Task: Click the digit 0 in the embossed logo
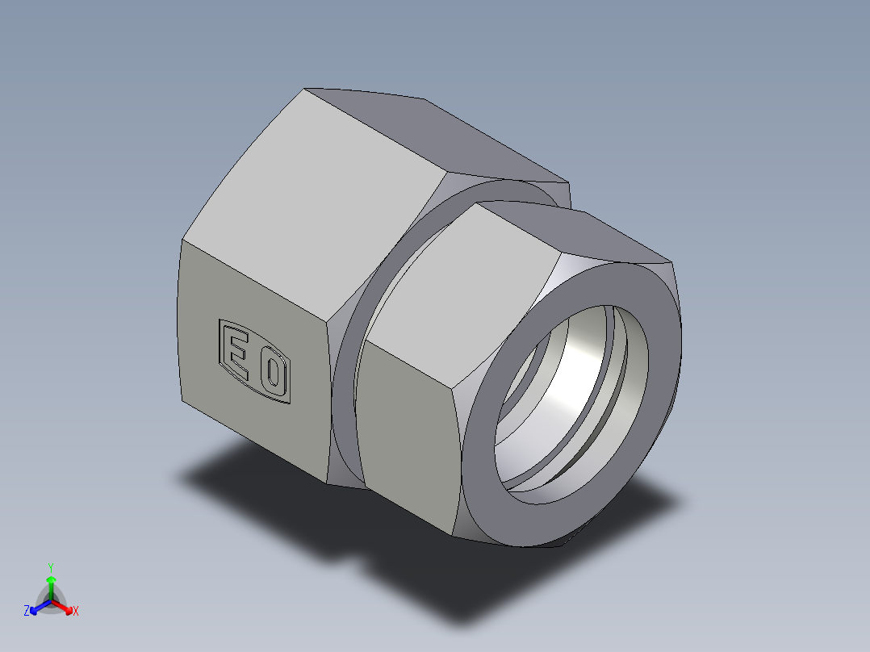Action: click(273, 373)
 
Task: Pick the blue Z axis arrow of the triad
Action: click(36, 608)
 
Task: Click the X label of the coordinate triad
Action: click(76, 612)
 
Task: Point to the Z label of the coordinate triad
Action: click(27, 612)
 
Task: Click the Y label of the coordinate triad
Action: click(51, 567)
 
